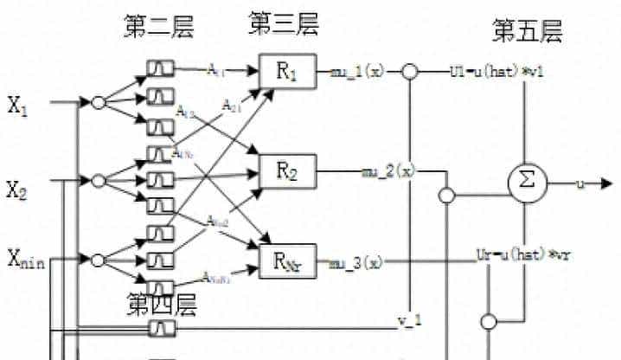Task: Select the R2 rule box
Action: click(288, 173)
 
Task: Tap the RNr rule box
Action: click(288, 260)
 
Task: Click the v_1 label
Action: click(408, 321)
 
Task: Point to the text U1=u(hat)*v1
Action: click(496, 71)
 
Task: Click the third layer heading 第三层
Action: click(284, 24)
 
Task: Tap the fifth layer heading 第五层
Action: click(527, 32)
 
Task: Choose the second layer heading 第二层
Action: click(158, 28)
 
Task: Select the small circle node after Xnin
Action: click(98, 260)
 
